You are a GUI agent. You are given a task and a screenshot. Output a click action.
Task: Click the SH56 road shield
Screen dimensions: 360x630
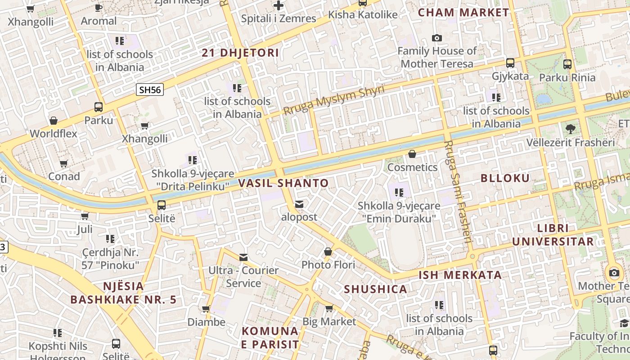[x=150, y=90]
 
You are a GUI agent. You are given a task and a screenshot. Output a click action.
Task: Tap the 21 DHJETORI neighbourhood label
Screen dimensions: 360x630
[x=240, y=53]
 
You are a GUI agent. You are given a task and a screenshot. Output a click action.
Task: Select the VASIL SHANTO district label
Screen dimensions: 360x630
[x=283, y=183]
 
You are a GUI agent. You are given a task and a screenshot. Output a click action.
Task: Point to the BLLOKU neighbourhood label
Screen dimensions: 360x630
[x=505, y=178]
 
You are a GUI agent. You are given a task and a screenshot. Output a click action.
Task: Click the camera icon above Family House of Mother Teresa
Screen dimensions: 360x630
[x=436, y=38]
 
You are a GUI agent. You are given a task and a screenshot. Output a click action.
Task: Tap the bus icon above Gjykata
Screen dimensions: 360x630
[x=510, y=63]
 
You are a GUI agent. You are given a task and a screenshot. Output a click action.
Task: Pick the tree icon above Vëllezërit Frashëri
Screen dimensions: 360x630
[x=570, y=129]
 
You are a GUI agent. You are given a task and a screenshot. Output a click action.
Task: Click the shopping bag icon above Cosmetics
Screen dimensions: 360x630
[x=412, y=154]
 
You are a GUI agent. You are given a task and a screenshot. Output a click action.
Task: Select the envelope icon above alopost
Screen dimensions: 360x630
[x=299, y=204]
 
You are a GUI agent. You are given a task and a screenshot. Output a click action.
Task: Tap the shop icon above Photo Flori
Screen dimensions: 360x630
[x=328, y=252]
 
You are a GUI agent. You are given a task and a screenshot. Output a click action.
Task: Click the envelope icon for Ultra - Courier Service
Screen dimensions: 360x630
[x=243, y=257]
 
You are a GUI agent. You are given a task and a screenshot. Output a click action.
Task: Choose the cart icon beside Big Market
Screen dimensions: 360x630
[x=329, y=308]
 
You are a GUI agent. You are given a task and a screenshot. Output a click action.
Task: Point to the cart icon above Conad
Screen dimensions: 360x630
[x=63, y=163]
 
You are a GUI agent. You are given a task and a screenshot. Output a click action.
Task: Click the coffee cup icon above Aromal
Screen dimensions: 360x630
[x=99, y=8]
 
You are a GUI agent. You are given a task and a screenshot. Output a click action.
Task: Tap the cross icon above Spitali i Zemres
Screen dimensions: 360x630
[x=279, y=6]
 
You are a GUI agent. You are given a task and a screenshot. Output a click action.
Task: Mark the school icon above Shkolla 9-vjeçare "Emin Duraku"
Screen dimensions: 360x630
[x=399, y=193]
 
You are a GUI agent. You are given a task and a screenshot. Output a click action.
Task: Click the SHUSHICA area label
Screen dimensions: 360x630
[x=376, y=289]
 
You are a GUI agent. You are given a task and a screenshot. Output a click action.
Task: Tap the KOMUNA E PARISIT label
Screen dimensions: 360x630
[x=270, y=337]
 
